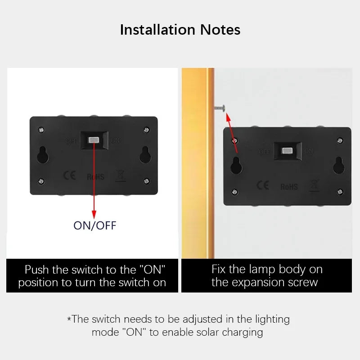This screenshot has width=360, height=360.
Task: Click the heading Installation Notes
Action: pyautogui.click(x=180, y=30)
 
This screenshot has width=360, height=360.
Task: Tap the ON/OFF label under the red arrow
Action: pyautogui.click(x=94, y=225)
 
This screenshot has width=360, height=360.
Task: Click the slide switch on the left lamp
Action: pyautogui.click(x=94, y=140)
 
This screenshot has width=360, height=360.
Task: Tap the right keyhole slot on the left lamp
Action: pyautogui.click(x=145, y=155)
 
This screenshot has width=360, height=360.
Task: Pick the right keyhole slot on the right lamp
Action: pyautogui.click(x=339, y=166)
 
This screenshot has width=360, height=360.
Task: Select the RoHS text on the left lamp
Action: pyautogui.click(x=95, y=177)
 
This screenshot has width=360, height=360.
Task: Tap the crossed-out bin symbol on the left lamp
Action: pyautogui.click(x=121, y=175)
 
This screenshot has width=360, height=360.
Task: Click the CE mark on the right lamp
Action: pyautogui.click(x=263, y=185)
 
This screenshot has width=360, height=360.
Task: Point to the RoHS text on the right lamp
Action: pyautogui.click(x=289, y=186)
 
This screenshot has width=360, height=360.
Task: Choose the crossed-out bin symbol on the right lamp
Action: pyautogui.click(x=315, y=185)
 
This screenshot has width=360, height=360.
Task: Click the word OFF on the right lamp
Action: pyautogui.click(x=265, y=152)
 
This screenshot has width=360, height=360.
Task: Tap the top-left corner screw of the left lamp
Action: pyautogui.click(x=42, y=130)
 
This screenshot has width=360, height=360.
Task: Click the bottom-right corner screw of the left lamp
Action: pyautogui.click(x=146, y=181)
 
